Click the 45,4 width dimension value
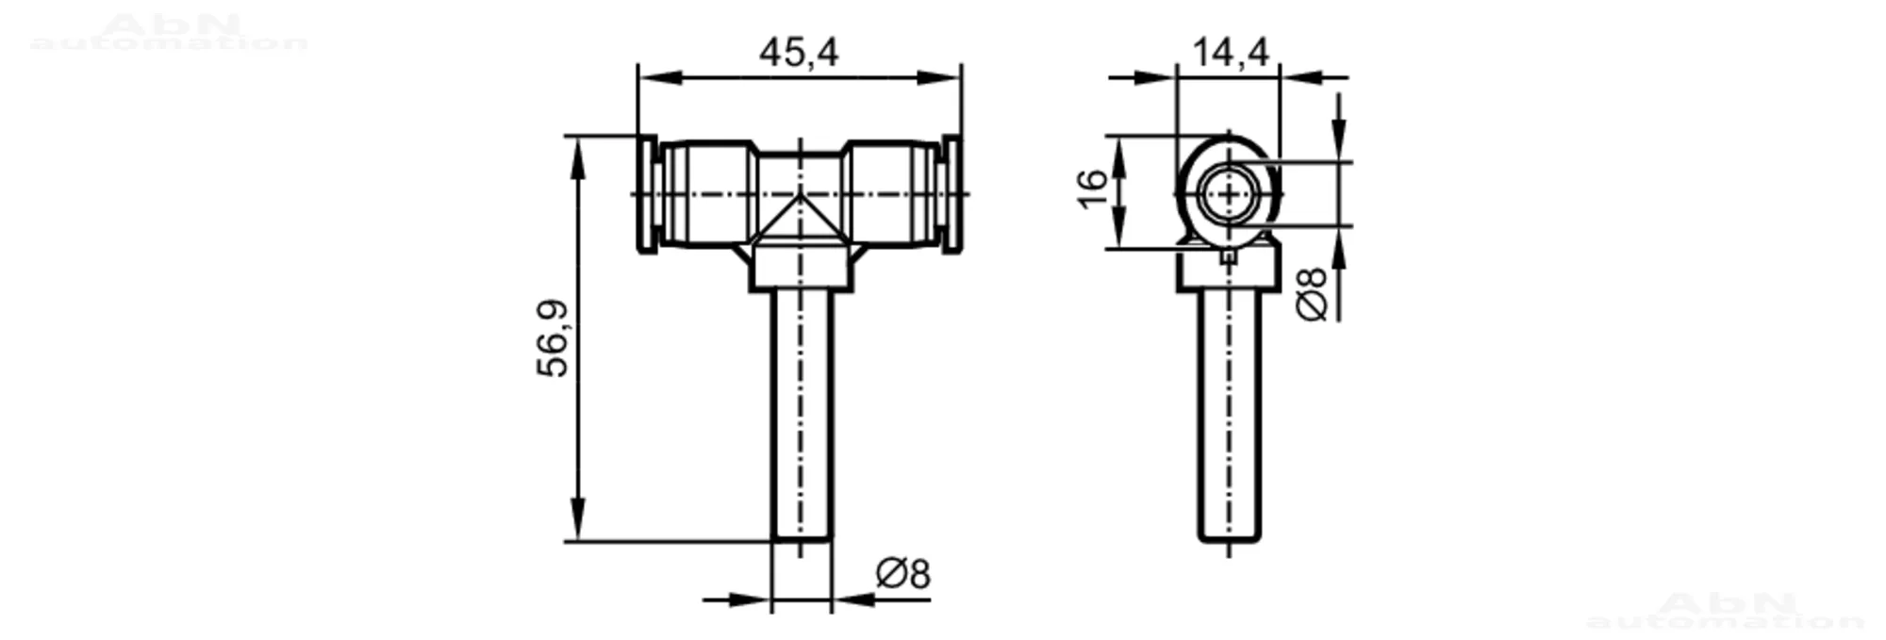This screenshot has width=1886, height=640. pyautogui.click(x=798, y=53)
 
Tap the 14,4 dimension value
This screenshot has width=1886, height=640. pyautogui.click(x=1230, y=53)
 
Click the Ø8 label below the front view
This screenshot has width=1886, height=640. pyautogui.click(x=902, y=573)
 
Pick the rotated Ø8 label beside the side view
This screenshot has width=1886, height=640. pyautogui.click(x=1312, y=294)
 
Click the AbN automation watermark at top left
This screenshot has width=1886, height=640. pyautogui.click(x=170, y=33)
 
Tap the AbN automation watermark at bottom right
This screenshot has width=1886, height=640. pyautogui.click(x=1725, y=611)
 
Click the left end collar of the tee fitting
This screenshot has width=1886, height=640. pyautogui.click(x=647, y=194)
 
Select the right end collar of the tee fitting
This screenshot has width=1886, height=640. pyautogui.click(x=952, y=194)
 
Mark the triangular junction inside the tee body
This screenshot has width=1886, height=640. pyautogui.click(x=801, y=222)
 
